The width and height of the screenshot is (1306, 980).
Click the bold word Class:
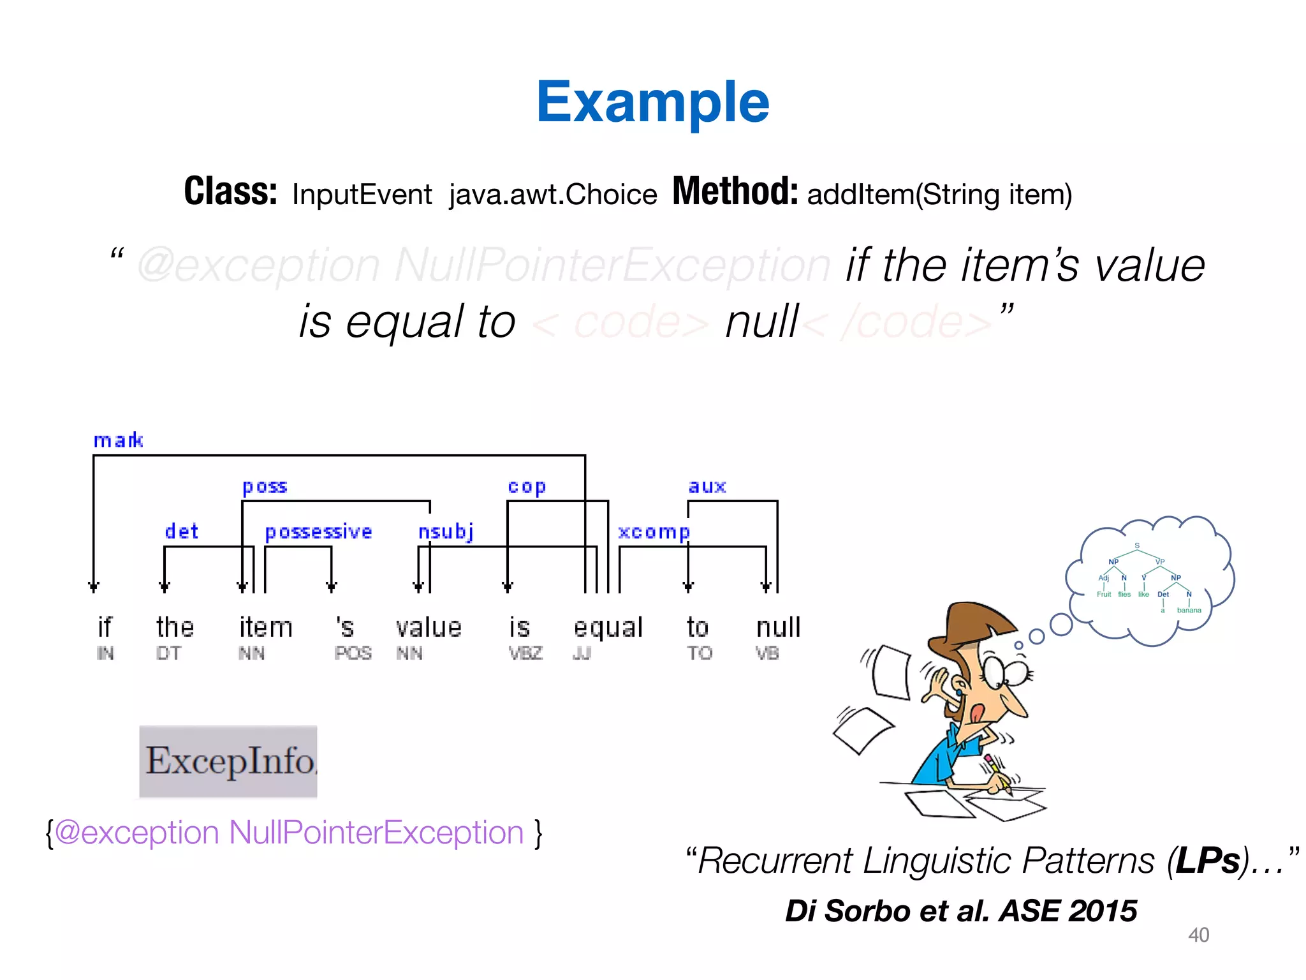230,191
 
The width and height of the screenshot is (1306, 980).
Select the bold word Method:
735,191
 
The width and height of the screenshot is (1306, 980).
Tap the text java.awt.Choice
552,195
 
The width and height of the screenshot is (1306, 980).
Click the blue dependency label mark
118,440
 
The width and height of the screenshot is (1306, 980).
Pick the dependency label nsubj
446,531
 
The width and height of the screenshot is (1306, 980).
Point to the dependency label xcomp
654,532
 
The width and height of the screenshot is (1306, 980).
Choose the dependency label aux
707,487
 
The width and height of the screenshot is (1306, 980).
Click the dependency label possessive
318,531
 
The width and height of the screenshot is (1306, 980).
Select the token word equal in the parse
608,628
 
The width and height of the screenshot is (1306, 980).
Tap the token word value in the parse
429,628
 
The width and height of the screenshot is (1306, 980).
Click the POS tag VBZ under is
525,653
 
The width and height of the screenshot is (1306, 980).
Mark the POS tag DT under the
168,653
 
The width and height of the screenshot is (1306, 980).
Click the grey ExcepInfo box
228,761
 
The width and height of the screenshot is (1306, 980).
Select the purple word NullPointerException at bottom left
376,833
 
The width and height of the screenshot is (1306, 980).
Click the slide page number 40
1198,935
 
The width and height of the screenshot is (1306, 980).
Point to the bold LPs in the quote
1208,861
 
